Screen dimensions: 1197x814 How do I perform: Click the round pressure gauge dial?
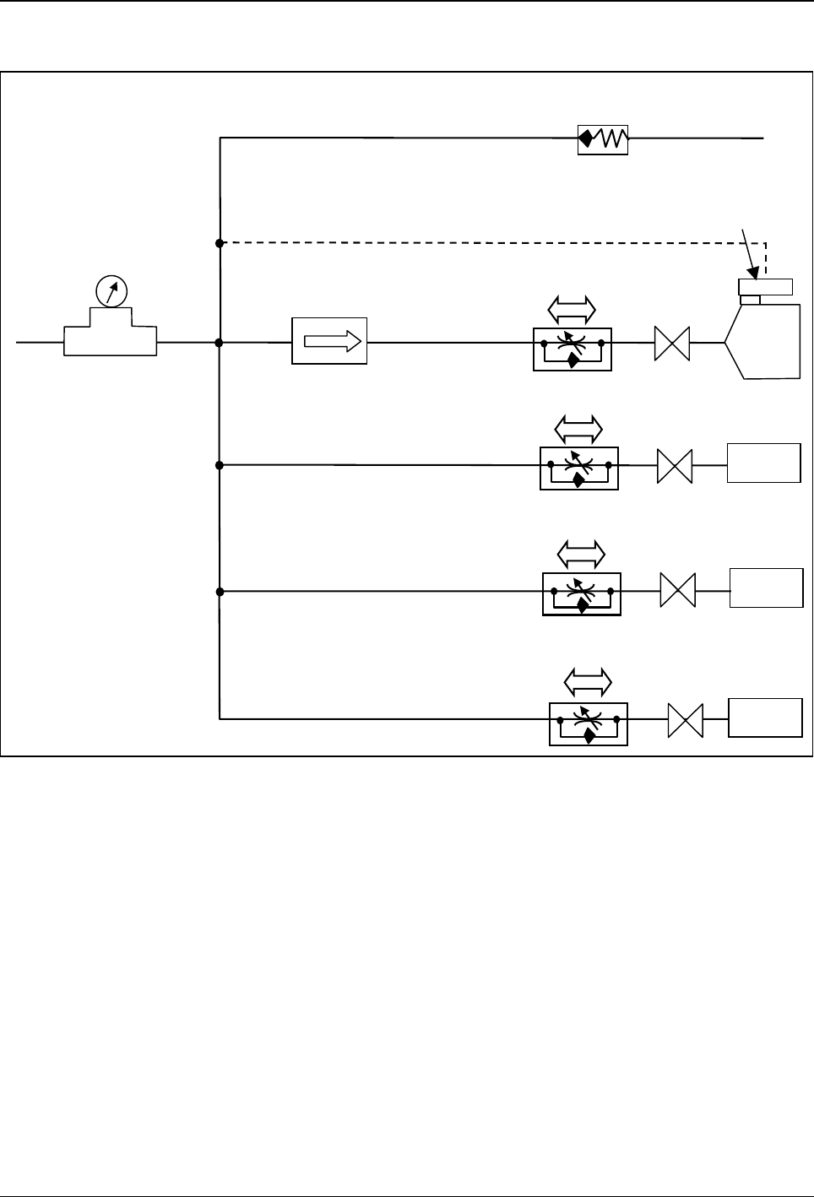point(111,291)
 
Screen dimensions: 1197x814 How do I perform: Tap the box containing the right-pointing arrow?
point(329,341)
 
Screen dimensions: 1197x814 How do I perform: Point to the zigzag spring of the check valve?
point(614,138)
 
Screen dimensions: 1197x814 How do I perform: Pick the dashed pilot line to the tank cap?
point(490,243)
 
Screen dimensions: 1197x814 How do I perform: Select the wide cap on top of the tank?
point(765,285)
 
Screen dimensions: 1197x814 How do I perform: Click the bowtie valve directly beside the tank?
point(672,344)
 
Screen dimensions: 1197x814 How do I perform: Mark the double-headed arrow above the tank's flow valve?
point(573,310)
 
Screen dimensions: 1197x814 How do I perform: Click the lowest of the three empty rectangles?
point(766,718)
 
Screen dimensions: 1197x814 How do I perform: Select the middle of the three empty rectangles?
point(766,588)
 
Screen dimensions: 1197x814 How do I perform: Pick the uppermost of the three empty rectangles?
point(764,463)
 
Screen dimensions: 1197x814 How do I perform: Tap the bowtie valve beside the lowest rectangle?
point(685,720)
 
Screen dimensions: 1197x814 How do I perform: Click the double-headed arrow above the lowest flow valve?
point(588,680)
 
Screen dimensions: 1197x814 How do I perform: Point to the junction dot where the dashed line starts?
point(220,243)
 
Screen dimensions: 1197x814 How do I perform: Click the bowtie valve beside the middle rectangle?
point(677,590)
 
